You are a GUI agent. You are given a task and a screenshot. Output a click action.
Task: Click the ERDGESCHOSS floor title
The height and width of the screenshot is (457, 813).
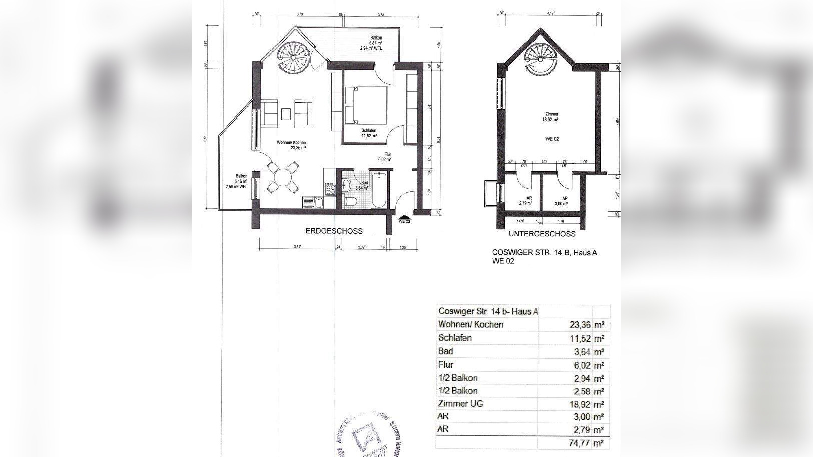[334, 231]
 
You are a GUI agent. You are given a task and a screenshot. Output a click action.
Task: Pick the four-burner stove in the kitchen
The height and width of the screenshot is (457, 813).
[330, 189]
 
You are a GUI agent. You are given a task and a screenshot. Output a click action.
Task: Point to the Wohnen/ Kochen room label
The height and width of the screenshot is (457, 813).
[291, 145]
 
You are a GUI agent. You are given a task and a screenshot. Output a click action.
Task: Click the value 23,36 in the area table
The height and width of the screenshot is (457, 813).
[580, 324]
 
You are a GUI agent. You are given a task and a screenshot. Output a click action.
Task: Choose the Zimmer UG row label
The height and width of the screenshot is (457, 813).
[460, 403]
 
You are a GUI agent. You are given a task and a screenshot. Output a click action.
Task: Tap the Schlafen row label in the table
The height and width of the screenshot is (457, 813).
[455, 338]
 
